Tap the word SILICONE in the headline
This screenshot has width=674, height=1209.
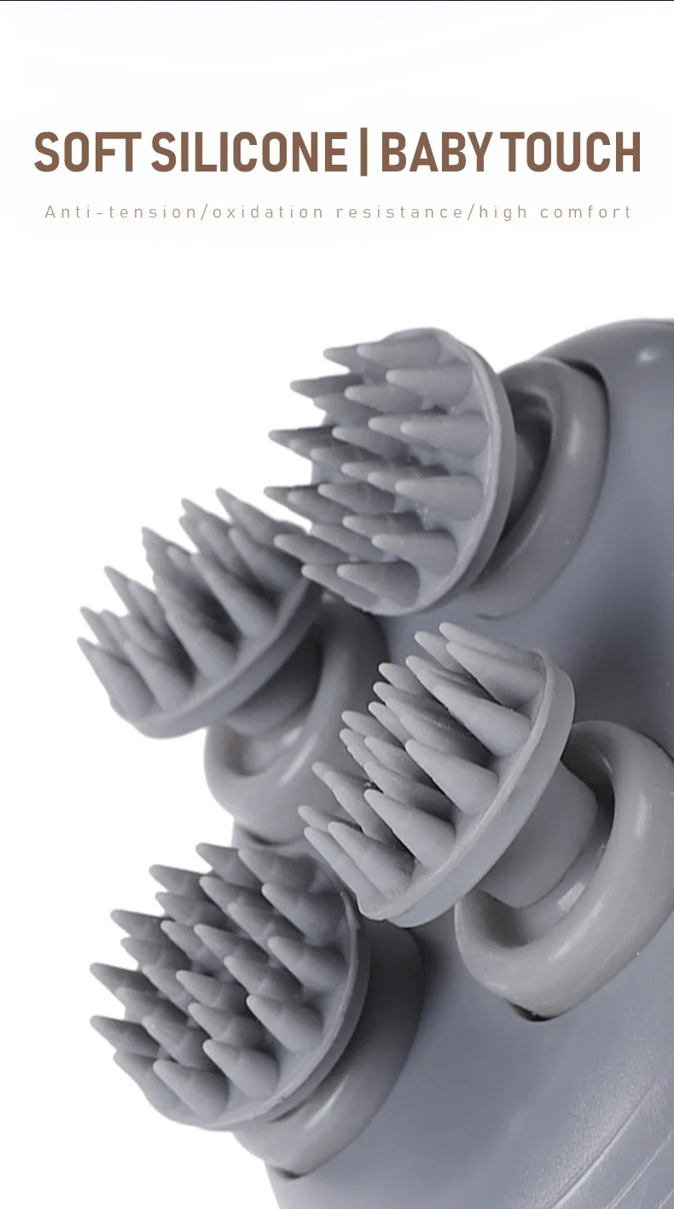249,152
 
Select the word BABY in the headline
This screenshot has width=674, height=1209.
436,152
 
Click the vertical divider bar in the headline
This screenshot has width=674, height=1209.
363,152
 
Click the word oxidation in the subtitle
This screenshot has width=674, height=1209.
268,212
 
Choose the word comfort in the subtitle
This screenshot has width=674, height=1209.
585,212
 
